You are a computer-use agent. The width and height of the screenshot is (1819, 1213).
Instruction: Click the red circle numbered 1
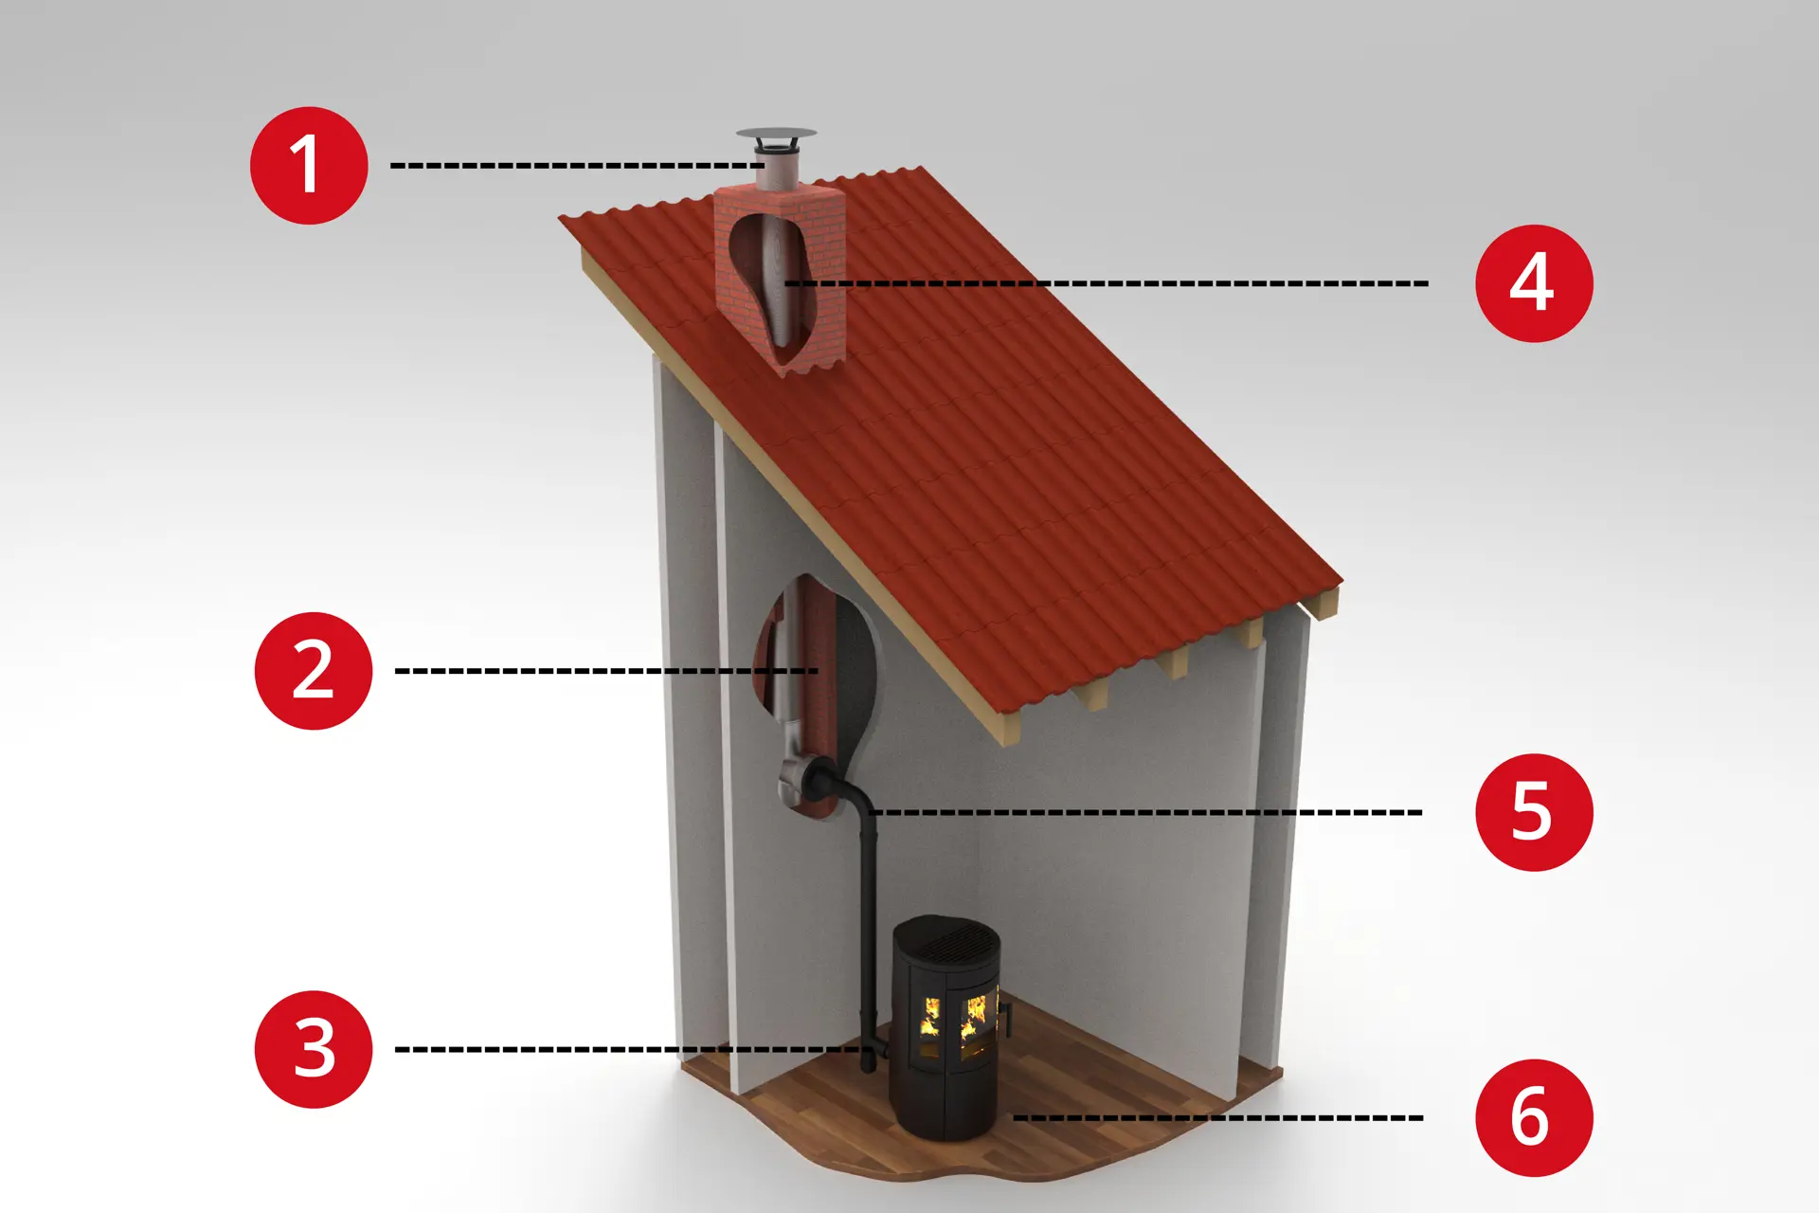tap(309, 166)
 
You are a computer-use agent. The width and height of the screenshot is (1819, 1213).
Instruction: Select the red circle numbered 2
tap(314, 671)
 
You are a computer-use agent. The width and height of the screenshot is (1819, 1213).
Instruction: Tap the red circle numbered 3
tap(314, 1049)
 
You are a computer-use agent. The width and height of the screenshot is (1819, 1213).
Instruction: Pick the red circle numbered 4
tap(1534, 283)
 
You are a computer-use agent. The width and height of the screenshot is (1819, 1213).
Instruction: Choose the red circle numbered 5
tap(1534, 812)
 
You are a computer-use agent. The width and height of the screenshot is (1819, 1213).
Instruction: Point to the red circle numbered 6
tap(1534, 1117)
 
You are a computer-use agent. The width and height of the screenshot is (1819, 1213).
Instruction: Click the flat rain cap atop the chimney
tap(776, 135)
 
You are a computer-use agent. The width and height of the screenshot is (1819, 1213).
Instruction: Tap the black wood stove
tap(946, 1027)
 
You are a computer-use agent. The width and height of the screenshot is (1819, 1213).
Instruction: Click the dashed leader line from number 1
tap(578, 166)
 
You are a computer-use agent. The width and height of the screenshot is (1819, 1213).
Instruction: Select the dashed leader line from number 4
tap(1106, 283)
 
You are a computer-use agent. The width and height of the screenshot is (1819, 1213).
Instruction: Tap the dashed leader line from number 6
tap(1218, 1117)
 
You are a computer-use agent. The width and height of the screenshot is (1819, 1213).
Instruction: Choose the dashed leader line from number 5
tap(1145, 812)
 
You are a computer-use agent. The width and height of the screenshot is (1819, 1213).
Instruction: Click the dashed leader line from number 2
tap(606, 671)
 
